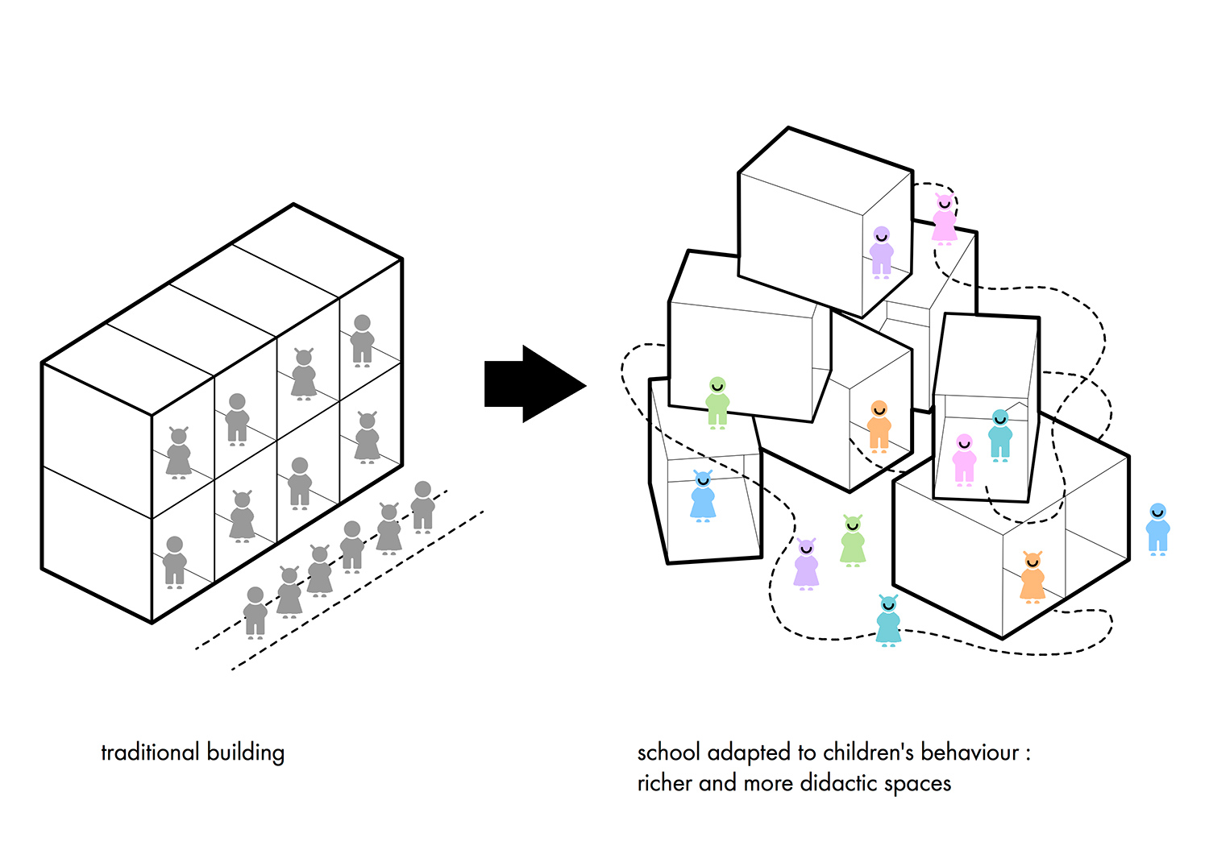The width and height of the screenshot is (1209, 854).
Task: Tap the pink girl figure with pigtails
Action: (x=944, y=219)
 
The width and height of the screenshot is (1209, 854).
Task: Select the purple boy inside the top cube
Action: (x=882, y=252)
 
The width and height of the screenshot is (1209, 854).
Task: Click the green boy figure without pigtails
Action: (x=717, y=402)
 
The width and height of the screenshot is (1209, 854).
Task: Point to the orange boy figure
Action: (x=879, y=426)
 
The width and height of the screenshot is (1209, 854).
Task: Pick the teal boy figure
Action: (x=1000, y=435)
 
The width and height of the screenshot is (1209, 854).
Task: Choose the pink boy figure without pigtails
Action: (x=964, y=460)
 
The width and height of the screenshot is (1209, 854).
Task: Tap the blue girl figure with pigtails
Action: (x=703, y=497)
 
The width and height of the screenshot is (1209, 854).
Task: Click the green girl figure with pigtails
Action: (x=853, y=541)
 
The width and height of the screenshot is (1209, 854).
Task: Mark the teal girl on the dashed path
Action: (x=888, y=621)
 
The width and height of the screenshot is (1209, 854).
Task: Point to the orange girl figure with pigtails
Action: (x=1032, y=578)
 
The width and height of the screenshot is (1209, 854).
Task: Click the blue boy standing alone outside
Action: (x=1157, y=529)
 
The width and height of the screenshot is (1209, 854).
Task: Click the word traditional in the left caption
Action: (x=150, y=752)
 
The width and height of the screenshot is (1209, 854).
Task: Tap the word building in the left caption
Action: (x=246, y=752)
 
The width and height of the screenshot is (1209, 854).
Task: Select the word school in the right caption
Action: (x=668, y=752)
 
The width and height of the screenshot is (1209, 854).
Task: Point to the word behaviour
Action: (x=970, y=752)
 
